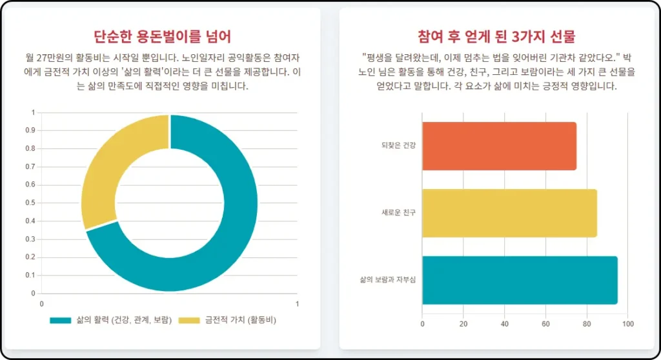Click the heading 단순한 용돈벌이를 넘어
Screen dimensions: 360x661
[162, 36]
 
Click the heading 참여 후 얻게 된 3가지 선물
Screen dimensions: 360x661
[496, 36]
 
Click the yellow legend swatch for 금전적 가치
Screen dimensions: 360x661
[188, 320]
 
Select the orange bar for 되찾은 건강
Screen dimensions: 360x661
[498, 146]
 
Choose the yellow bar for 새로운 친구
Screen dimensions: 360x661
[509, 213]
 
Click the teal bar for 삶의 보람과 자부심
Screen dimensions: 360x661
[519, 280]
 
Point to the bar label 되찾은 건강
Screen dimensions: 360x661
[398, 146]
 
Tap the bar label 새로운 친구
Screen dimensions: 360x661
[398, 213]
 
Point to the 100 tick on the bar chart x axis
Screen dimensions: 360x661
[628, 324]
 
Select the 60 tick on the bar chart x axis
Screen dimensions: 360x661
[545, 324]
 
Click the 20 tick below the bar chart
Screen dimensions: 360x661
[463, 324]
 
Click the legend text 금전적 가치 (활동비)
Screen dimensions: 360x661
[240, 320]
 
